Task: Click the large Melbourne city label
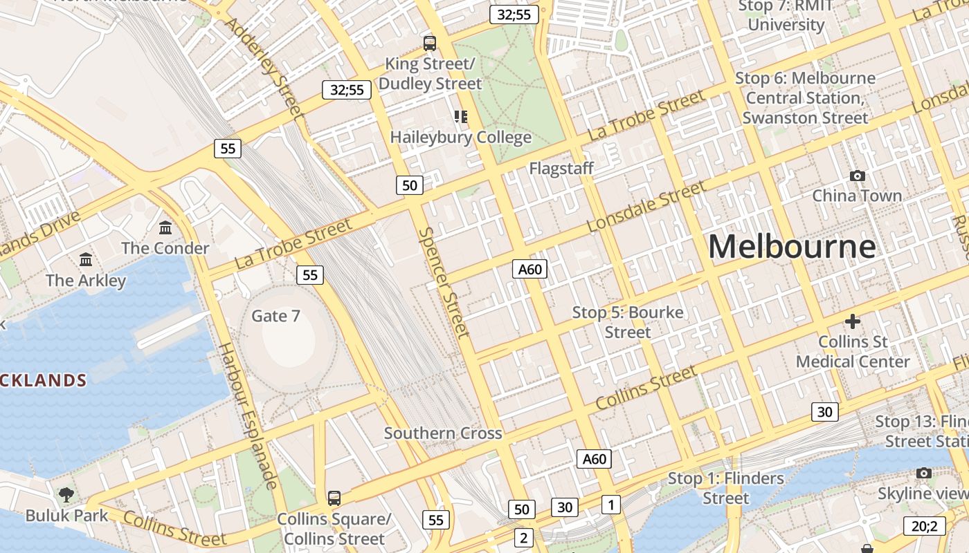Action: coord(792,247)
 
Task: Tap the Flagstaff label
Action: coord(561,168)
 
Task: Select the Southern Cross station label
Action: coord(443,433)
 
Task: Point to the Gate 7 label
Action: coord(275,316)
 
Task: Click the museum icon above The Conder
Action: coord(165,227)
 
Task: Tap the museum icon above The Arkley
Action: coord(86,260)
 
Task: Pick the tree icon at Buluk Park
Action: coord(66,494)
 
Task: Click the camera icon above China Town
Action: coord(857,176)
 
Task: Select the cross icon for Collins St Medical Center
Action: coord(853,321)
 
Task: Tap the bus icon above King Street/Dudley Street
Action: coord(430,44)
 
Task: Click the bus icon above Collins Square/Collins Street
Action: coord(334,498)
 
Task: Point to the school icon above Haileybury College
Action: coord(460,116)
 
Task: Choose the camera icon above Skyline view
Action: coord(923,474)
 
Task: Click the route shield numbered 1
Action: coord(610,505)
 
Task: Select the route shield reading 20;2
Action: coord(924,526)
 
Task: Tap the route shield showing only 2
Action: coord(523,538)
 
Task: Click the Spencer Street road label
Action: coord(445,283)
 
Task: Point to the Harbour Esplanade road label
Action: coord(247,415)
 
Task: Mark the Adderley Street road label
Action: coord(265,67)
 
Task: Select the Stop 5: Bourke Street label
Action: coord(628,322)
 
